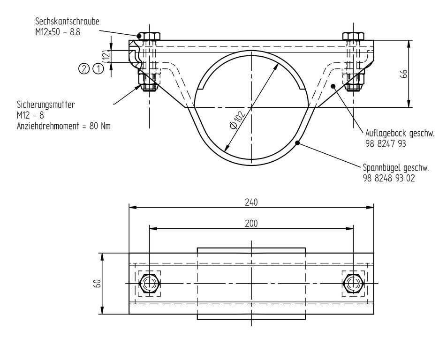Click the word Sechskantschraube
(67, 21)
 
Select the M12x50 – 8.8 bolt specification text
(58, 32)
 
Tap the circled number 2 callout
(83, 68)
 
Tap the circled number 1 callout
(98, 68)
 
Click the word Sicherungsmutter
(46, 105)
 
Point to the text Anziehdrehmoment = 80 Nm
(64, 126)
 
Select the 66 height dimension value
(404, 74)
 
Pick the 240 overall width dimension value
(251, 202)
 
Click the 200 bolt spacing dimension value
(251, 224)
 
